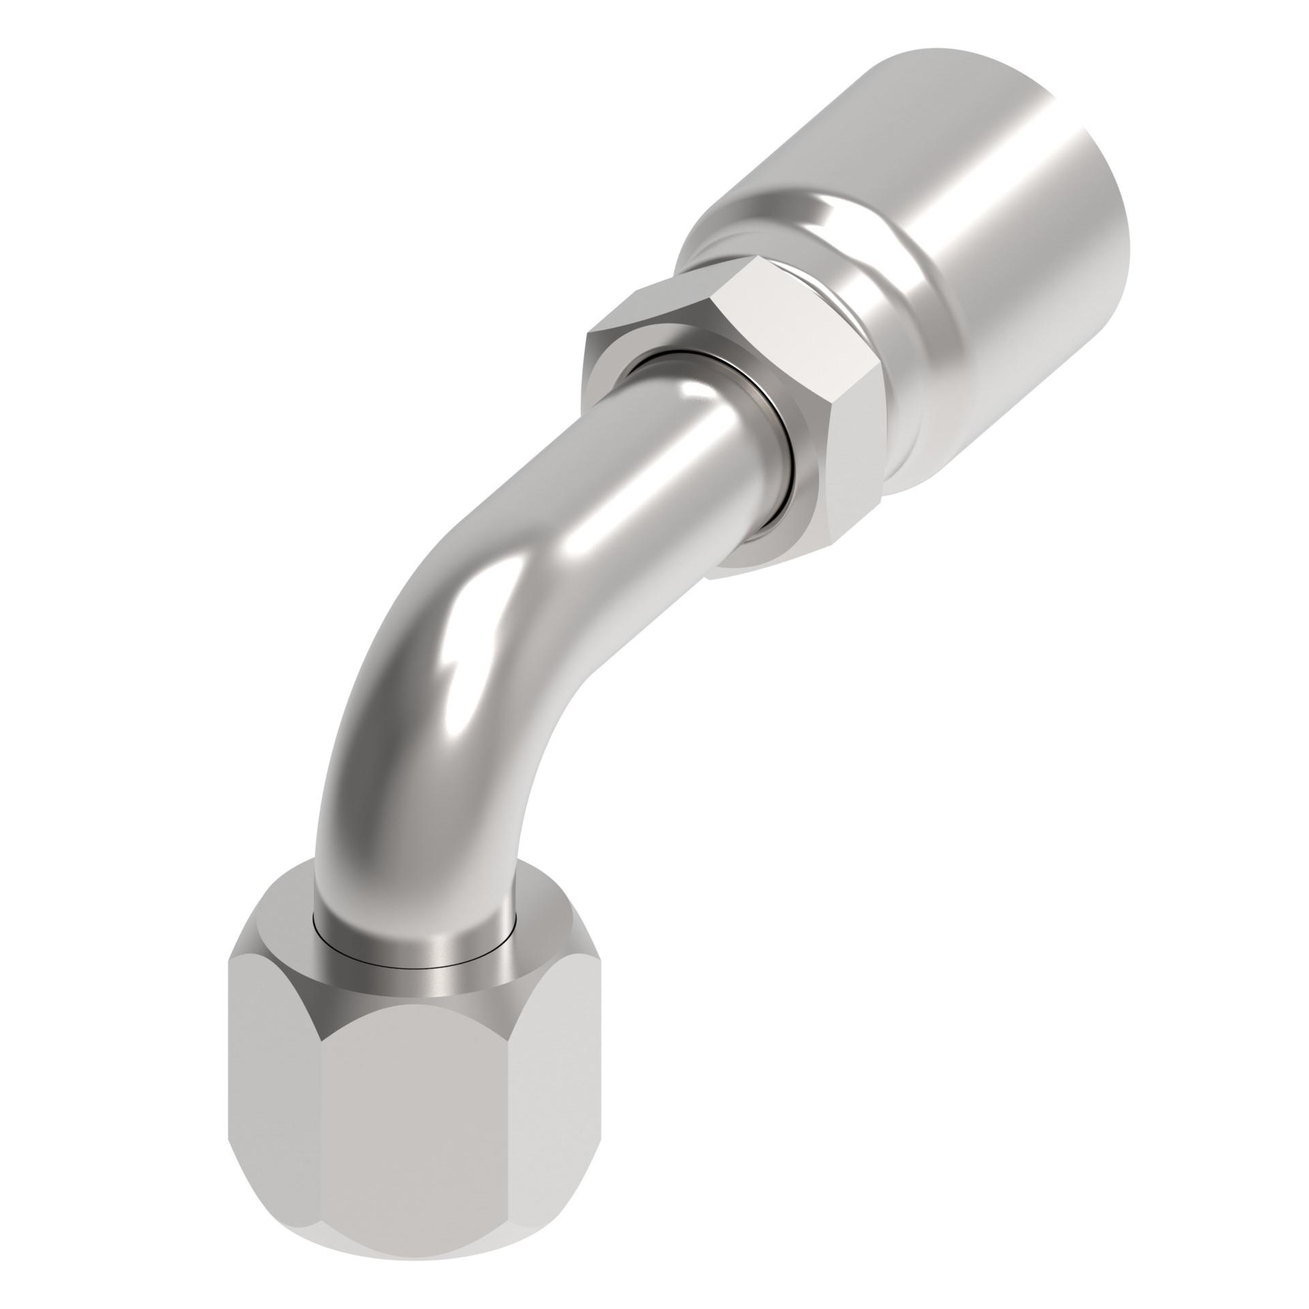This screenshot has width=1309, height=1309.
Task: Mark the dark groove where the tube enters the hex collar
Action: point(777,450)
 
